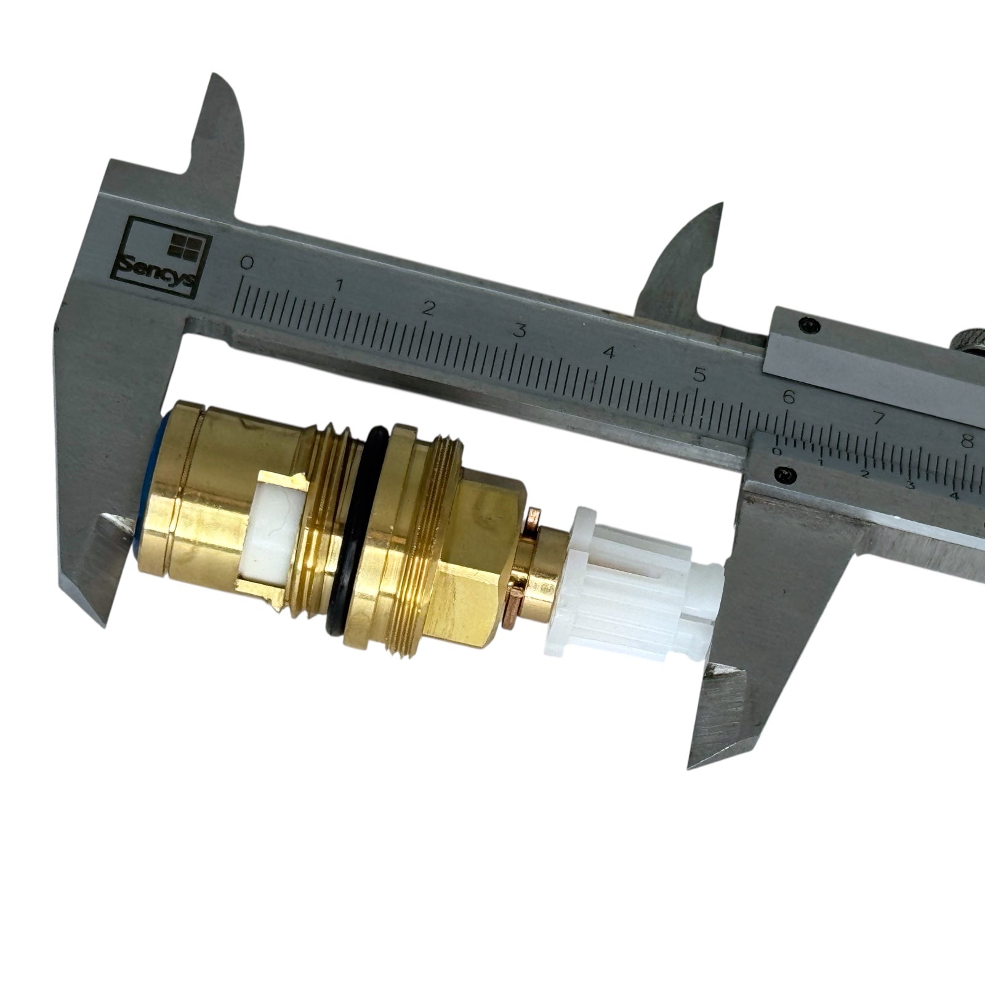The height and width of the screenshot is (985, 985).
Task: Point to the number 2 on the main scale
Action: tap(429, 308)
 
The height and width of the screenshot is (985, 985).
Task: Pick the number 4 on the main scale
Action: tap(610, 353)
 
